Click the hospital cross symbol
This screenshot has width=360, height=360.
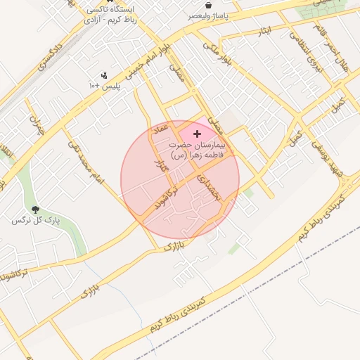tap(196, 133)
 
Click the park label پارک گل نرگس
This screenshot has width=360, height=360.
tap(36, 221)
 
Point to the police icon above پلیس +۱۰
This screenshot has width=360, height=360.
tap(104, 75)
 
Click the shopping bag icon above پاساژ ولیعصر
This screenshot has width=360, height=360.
tap(209, 4)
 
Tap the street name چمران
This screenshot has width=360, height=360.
tap(35, 126)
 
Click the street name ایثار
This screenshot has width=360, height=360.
tap(265, 32)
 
